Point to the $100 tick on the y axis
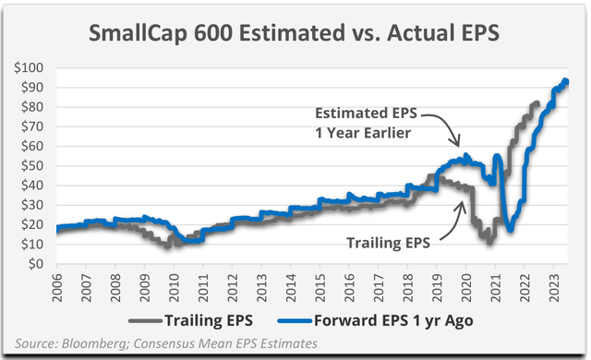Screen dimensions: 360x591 [33, 68]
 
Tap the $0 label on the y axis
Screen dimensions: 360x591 [41, 265]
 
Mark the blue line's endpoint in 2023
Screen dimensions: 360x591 [566, 81]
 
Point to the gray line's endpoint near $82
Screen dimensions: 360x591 [538, 102]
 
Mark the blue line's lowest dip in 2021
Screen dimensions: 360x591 [511, 230]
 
